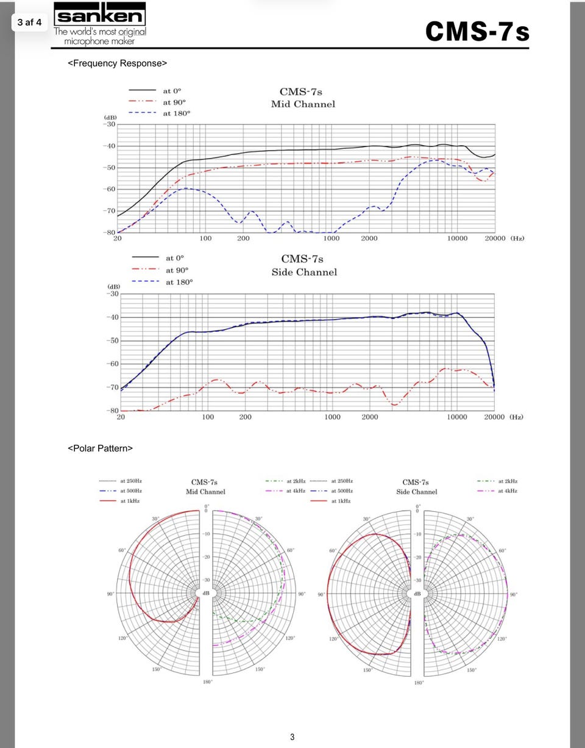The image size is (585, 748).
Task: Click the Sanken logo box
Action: (x=100, y=15)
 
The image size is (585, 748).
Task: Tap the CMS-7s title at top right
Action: (x=477, y=31)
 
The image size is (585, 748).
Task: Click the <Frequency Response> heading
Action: (x=117, y=63)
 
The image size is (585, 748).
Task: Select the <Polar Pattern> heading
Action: (x=100, y=448)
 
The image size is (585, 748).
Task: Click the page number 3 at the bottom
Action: (x=292, y=737)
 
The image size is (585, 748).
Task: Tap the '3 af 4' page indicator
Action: (x=29, y=23)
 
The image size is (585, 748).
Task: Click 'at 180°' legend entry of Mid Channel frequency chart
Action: (x=176, y=113)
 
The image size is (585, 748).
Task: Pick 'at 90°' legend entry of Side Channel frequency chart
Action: (x=177, y=270)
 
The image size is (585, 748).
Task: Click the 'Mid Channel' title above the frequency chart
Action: (x=303, y=104)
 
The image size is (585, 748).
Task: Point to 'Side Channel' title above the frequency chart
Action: (x=304, y=272)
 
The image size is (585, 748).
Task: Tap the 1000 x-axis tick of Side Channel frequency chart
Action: (x=332, y=417)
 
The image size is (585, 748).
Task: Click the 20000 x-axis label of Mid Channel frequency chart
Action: (x=495, y=239)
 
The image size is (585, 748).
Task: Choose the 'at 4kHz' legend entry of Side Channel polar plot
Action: (x=507, y=491)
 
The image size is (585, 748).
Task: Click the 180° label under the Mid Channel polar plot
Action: (x=207, y=681)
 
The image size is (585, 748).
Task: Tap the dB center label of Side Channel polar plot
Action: (x=417, y=594)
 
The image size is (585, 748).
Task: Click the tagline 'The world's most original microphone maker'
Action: (x=100, y=36)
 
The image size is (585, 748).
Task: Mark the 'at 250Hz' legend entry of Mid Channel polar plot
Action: (x=130, y=481)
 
